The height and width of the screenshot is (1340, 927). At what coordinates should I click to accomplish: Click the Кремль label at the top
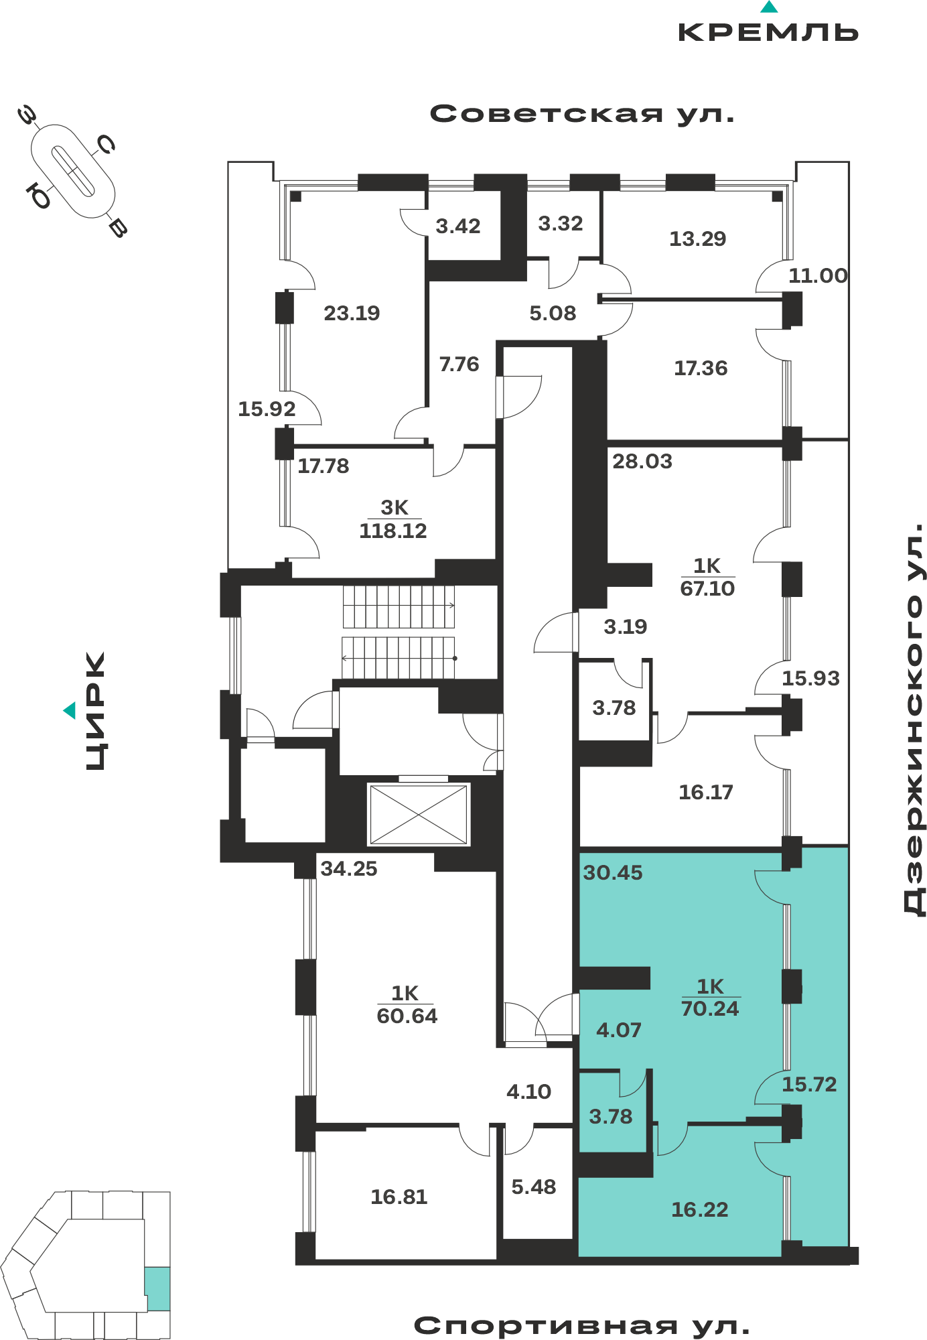click(768, 32)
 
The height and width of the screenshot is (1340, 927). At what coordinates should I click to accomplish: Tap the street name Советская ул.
click(582, 114)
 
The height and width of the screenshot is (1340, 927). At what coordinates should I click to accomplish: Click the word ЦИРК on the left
click(96, 711)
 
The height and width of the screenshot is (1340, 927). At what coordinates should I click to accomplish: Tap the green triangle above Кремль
click(769, 7)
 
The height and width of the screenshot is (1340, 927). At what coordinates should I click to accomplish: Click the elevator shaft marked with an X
click(419, 814)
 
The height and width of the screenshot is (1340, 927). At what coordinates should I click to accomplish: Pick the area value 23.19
click(352, 313)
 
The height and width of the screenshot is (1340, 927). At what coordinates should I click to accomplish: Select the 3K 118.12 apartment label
click(393, 519)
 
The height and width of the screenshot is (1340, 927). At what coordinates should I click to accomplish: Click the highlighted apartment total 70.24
click(710, 1008)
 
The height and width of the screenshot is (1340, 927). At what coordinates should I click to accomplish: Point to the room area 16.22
click(699, 1209)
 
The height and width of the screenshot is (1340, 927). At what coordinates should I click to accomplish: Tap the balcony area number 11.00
click(818, 275)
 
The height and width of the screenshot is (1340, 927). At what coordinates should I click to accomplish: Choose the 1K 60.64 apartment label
click(407, 1004)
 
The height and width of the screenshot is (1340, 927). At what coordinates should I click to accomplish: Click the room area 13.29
click(698, 239)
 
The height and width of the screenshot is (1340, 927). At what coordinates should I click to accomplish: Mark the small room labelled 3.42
click(458, 226)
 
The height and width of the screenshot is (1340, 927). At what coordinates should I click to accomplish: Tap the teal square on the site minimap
click(157, 1288)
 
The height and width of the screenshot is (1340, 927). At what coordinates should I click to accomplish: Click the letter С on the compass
click(106, 143)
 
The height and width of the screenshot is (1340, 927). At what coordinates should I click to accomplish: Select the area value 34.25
click(349, 868)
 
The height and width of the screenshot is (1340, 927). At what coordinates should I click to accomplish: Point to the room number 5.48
click(534, 1187)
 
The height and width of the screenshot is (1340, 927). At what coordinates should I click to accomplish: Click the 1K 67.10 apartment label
click(707, 577)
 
